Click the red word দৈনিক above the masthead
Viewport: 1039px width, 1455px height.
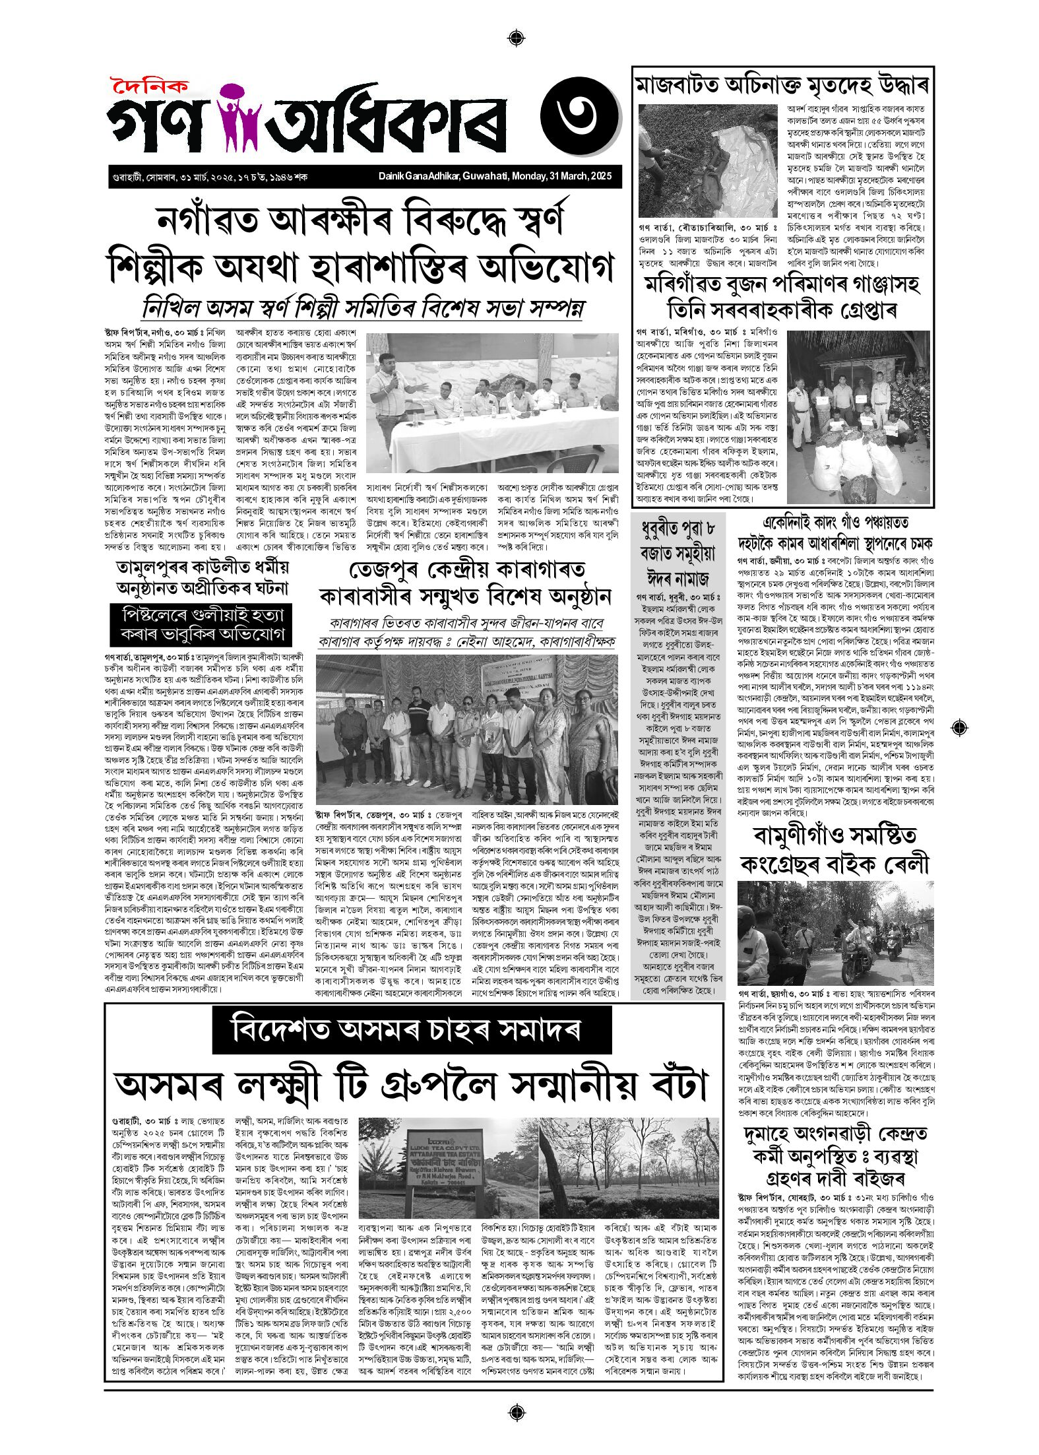tap(149, 86)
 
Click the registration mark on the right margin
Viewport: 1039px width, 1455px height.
tap(960, 728)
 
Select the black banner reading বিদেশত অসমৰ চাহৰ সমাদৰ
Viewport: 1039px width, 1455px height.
tap(412, 1030)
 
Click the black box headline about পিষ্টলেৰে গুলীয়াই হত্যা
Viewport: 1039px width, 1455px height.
tap(198, 624)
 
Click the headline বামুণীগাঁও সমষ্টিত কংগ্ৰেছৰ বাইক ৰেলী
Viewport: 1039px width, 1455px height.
tap(835, 850)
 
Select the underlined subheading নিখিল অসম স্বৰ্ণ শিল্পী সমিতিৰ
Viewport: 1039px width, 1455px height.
tap(363, 308)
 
